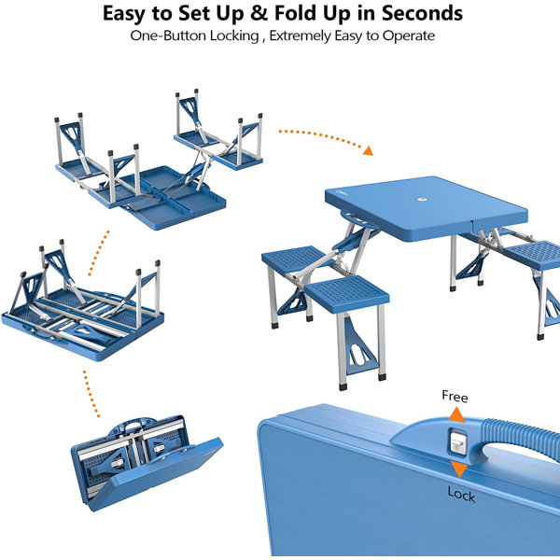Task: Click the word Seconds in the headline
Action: point(422,13)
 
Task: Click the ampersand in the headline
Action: point(259,13)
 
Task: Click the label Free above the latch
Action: point(455,397)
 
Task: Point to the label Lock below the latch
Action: point(461,495)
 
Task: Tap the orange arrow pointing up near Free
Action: point(457,415)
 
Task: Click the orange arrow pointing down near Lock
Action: point(459,469)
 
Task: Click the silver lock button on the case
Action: point(457,442)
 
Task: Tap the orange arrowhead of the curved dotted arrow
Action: point(369,150)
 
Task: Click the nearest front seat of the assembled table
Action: point(347,294)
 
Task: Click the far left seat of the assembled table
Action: point(294,259)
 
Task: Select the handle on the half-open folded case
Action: point(133,427)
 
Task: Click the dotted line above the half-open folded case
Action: point(91,394)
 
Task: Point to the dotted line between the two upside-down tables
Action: point(99,253)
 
